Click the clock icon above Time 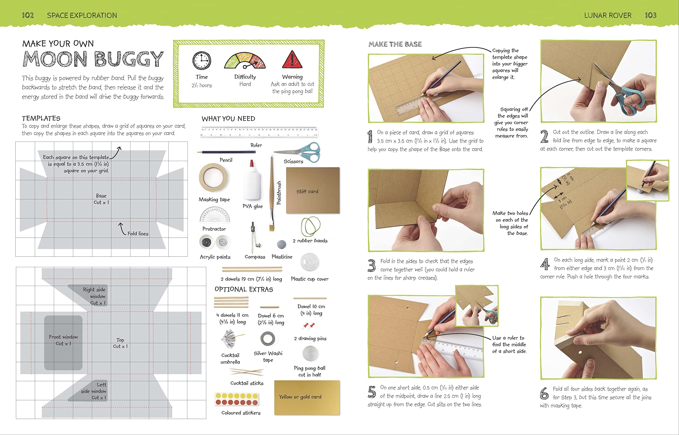click(202, 60)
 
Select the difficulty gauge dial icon click(245, 60)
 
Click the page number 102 click(28, 15)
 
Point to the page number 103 click(650, 15)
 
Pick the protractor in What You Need click(215, 215)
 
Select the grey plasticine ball click(281, 244)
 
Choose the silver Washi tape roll click(268, 339)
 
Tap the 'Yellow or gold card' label click(300, 397)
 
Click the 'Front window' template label click(63, 337)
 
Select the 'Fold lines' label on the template click(138, 234)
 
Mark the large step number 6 click(544, 393)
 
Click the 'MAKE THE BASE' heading click(395, 44)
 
